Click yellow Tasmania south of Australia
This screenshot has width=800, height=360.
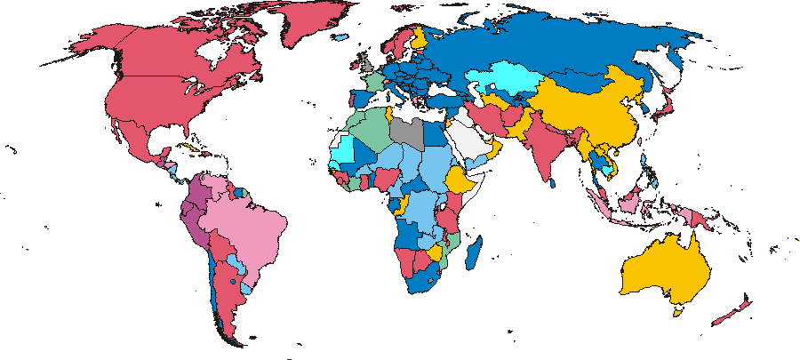[679, 311]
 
